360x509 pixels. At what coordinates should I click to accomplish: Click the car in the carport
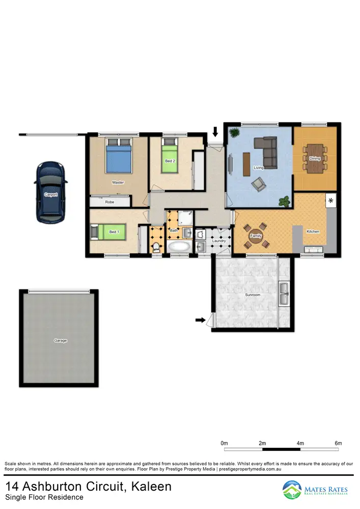pyautogui.click(x=50, y=191)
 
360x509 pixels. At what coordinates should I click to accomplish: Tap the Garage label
pyautogui.click(x=61, y=341)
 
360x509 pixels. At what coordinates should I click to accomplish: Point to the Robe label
pyautogui.click(x=109, y=202)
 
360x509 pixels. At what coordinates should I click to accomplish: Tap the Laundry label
pyautogui.click(x=219, y=240)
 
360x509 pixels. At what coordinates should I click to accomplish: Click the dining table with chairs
pyautogui.click(x=315, y=158)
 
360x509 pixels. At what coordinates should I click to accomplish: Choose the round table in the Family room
pyautogui.click(x=256, y=236)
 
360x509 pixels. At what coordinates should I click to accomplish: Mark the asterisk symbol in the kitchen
pyautogui.click(x=331, y=201)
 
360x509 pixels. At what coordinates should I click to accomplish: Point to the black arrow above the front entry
pyautogui.click(x=215, y=132)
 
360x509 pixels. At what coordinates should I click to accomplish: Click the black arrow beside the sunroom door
pyautogui.click(x=200, y=320)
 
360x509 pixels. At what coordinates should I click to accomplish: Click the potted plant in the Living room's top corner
pyautogui.click(x=235, y=133)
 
